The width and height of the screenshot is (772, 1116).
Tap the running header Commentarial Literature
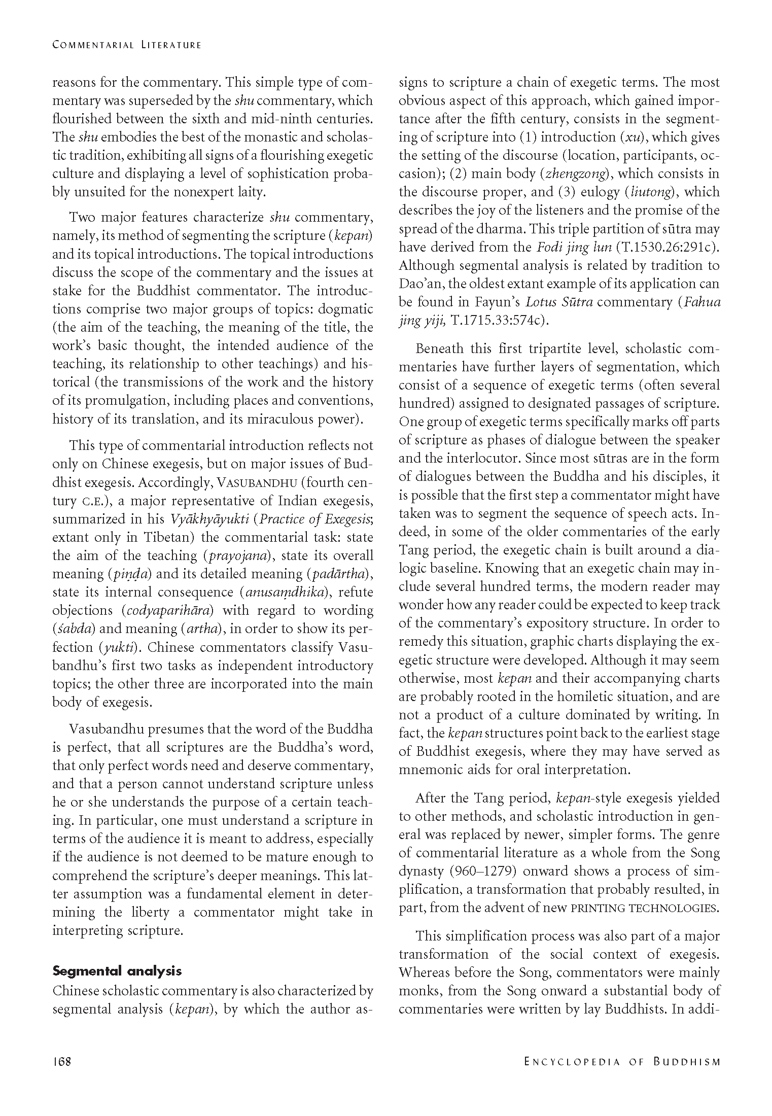click(127, 45)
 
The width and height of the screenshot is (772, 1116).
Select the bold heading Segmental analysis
click(117, 971)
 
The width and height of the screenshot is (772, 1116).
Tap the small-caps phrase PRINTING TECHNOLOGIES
click(645, 908)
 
